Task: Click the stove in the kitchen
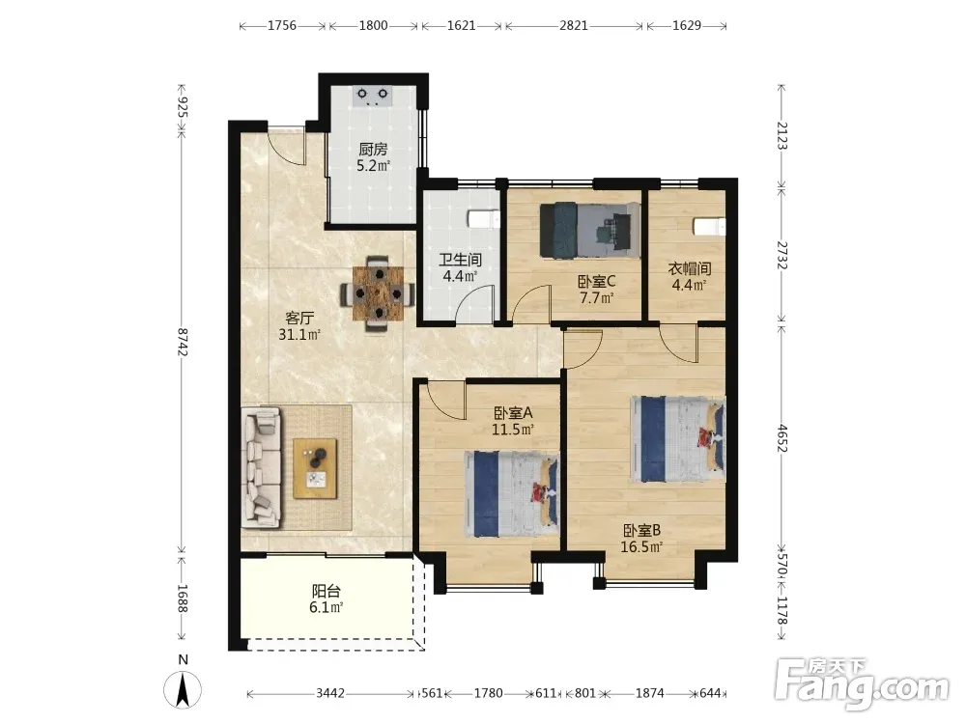coord(373,95)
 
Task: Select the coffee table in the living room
coord(315,468)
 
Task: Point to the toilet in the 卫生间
coord(484,219)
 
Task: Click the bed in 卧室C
coord(589,230)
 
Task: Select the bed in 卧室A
coord(511,493)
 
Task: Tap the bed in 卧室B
coord(678,439)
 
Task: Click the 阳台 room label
coord(326,592)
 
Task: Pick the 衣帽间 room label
coord(690,269)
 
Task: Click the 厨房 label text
coord(373,150)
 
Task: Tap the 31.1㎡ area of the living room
coord(299,335)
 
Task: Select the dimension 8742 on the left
coord(183,343)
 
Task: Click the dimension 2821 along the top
coord(574,25)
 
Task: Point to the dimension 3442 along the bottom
coord(330,693)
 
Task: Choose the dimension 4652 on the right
coord(781,437)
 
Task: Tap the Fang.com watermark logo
coord(862,683)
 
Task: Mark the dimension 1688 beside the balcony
coord(183,599)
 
